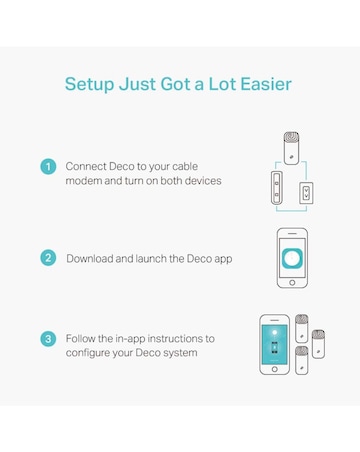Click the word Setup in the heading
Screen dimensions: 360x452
click(89, 85)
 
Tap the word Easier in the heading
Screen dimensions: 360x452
click(266, 84)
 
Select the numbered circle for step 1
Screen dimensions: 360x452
click(48, 166)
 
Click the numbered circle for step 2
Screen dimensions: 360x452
click(48, 258)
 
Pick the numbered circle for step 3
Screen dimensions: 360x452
click(48, 339)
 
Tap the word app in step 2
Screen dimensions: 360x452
click(223, 260)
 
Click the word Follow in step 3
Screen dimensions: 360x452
click(80, 338)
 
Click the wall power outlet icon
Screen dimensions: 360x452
click(306, 193)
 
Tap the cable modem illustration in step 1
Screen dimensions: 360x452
click(277, 188)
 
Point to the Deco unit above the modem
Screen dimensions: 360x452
click(291, 148)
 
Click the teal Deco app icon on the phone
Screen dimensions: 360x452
click(292, 258)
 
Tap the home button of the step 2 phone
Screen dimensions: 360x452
click(292, 283)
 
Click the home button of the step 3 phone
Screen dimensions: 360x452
click(275, 369)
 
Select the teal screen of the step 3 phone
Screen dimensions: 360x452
click(275, 345)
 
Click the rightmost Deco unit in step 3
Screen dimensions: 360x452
click(318, 344)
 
